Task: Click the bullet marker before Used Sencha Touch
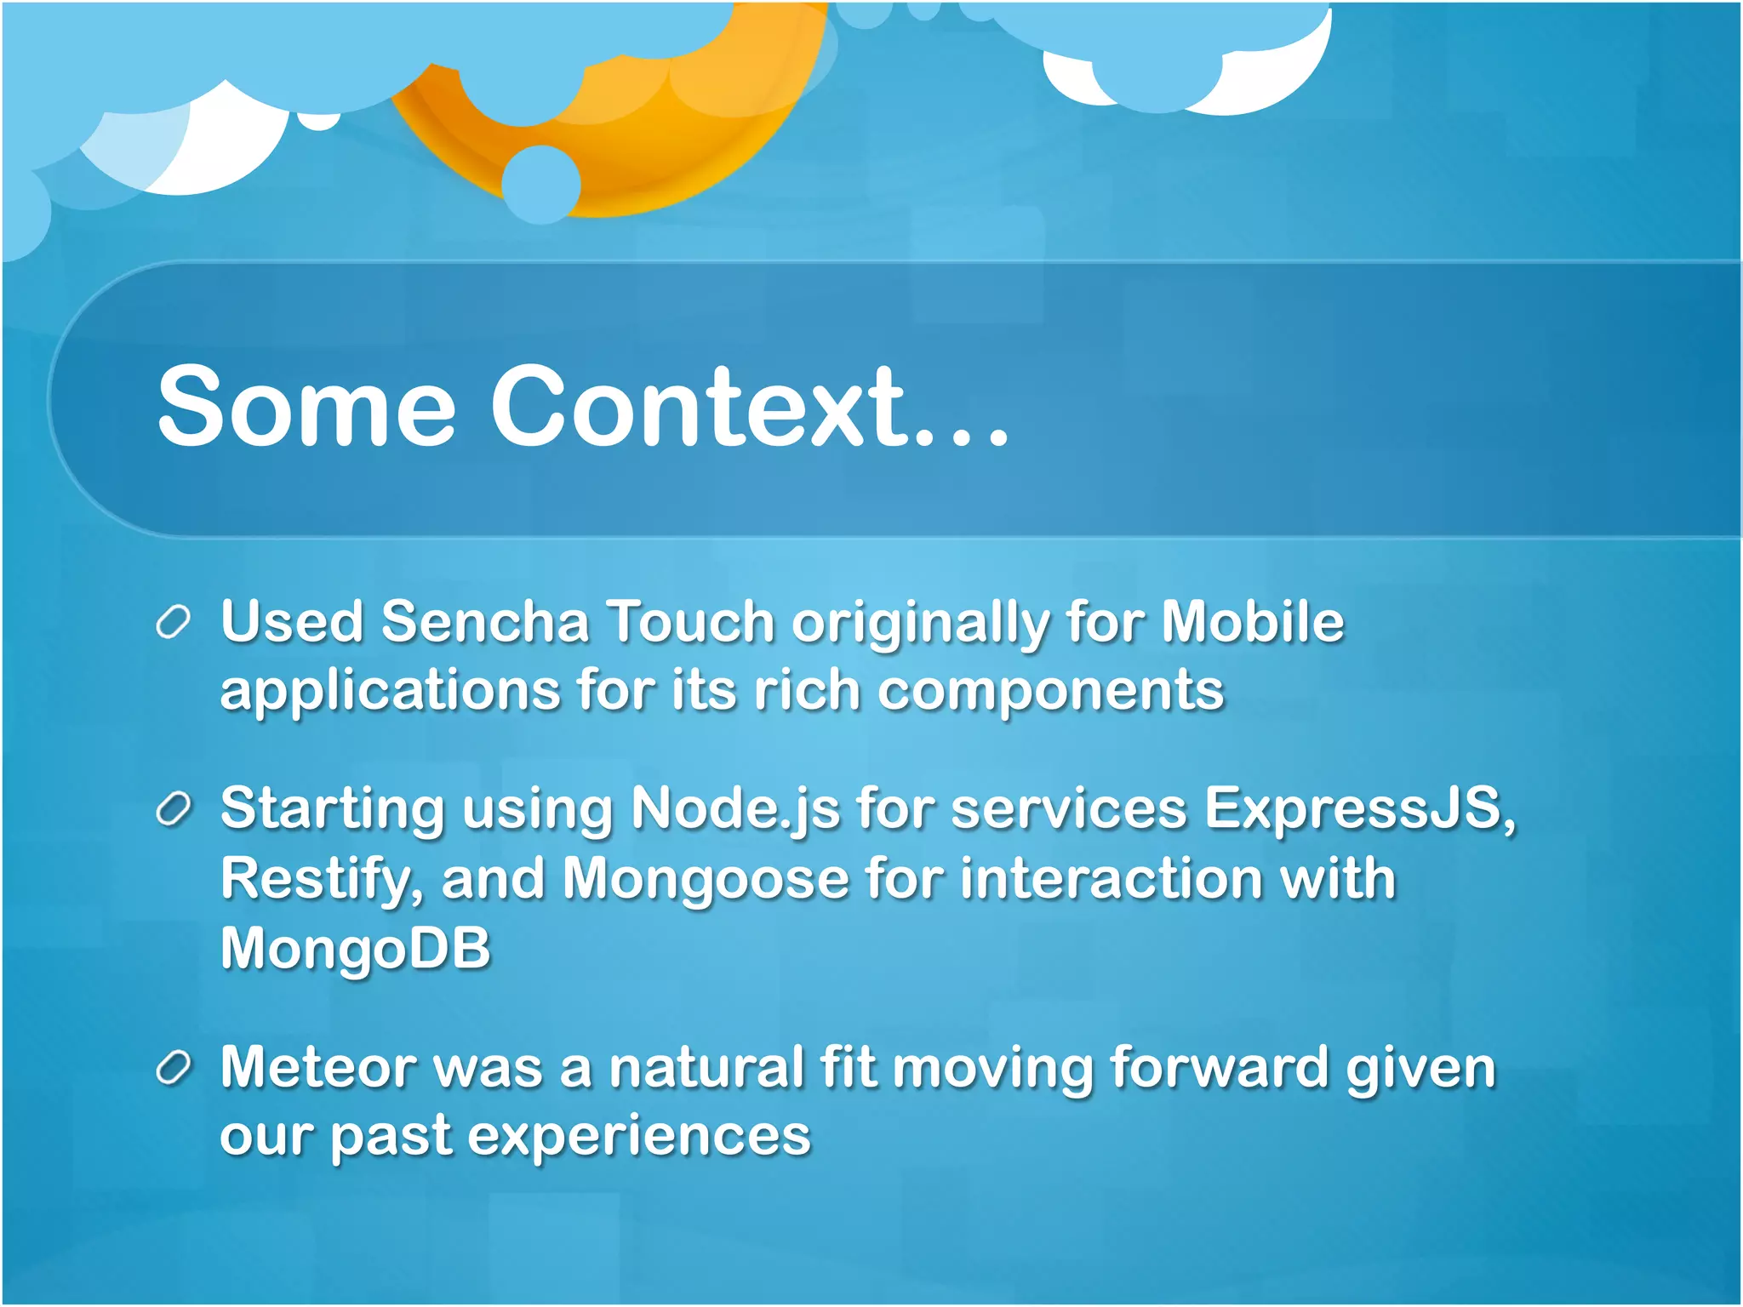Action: pos(173,624)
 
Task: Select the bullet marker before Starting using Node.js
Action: pos(173,810)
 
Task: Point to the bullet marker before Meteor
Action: pos(173,1069)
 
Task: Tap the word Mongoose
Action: pos(706,880)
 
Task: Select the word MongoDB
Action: pos(356,948)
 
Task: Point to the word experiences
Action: pos(639,1137)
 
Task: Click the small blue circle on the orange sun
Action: pos(541,184)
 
